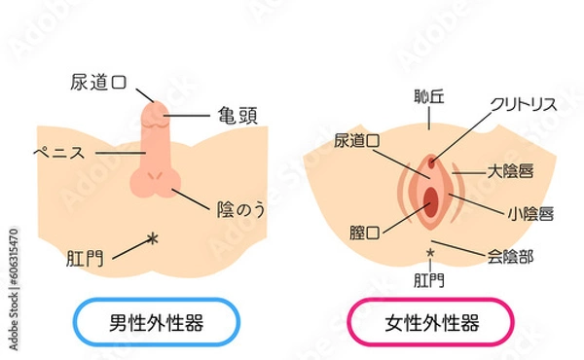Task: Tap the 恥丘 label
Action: click(x=427, y=98)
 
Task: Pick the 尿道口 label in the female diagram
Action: click(x=357, y=141)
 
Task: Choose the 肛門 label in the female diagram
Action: click(x=429, y=281)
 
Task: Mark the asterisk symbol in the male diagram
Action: click(x=150, y=238)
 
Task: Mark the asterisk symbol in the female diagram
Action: click(x=429, y=255)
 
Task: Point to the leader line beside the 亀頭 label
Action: click(x=190, y=115)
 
